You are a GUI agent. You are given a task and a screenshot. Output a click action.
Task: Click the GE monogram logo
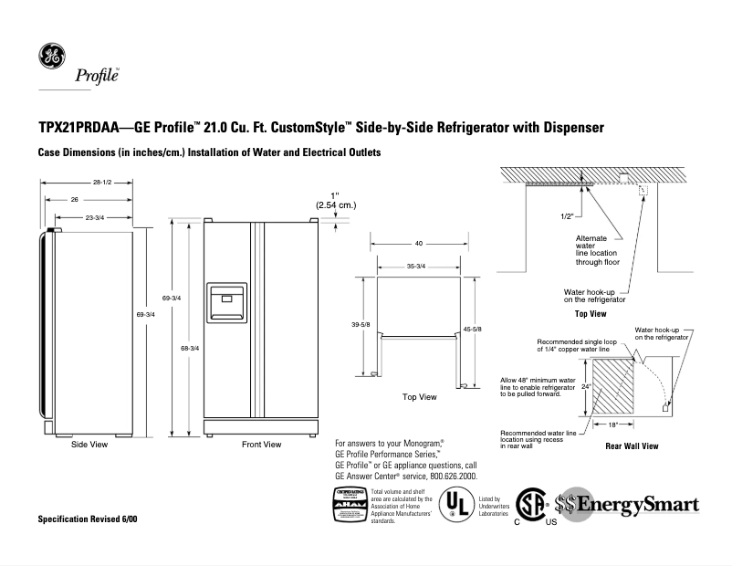[x=50, y=57]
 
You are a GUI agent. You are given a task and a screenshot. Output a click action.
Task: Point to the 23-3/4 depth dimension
[x=94, y=217]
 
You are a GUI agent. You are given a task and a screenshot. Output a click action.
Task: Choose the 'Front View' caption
[x=261, y=445]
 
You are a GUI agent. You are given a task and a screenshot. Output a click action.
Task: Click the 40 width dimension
[x=418, y=244]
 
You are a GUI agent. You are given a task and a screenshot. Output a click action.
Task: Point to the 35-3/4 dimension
[x=416, y=266]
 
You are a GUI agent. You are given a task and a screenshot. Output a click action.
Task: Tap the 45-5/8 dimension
[x=472, y=329]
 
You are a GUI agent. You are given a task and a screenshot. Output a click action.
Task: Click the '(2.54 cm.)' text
[x=335, y=205]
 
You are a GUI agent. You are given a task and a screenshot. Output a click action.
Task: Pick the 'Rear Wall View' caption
[x=632, y=447]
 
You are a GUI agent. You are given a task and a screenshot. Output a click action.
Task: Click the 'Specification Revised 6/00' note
[x=87, y=519]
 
